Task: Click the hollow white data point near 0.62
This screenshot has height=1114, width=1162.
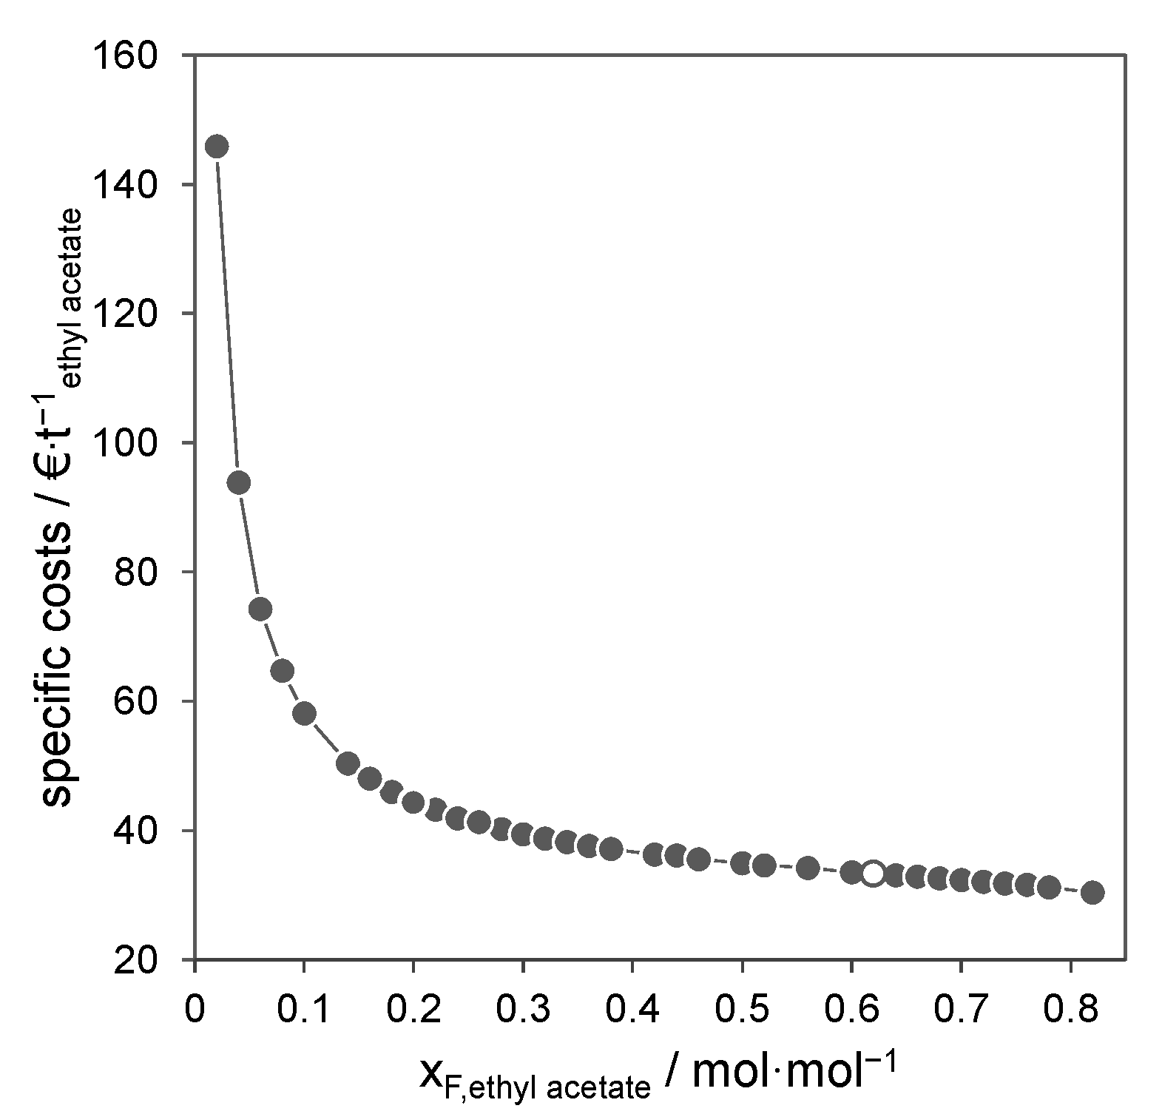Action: coord(873,874)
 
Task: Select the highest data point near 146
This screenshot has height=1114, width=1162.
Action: coord(216,146)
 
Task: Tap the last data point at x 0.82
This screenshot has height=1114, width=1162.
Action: coord(1092,892)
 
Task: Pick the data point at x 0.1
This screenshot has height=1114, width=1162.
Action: coord(304,713)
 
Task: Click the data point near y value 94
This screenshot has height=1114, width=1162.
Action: coord(238,483)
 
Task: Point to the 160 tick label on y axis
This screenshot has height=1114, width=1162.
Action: coord(137,56)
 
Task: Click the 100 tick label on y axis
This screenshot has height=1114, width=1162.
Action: coord(137,443)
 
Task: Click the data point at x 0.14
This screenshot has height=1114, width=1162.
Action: coord(348,763)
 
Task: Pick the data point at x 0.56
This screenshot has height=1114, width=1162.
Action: coord(807,868)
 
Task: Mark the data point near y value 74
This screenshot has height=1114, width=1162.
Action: coord(260,609)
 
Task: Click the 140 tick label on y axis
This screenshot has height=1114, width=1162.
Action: coord(137,185)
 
